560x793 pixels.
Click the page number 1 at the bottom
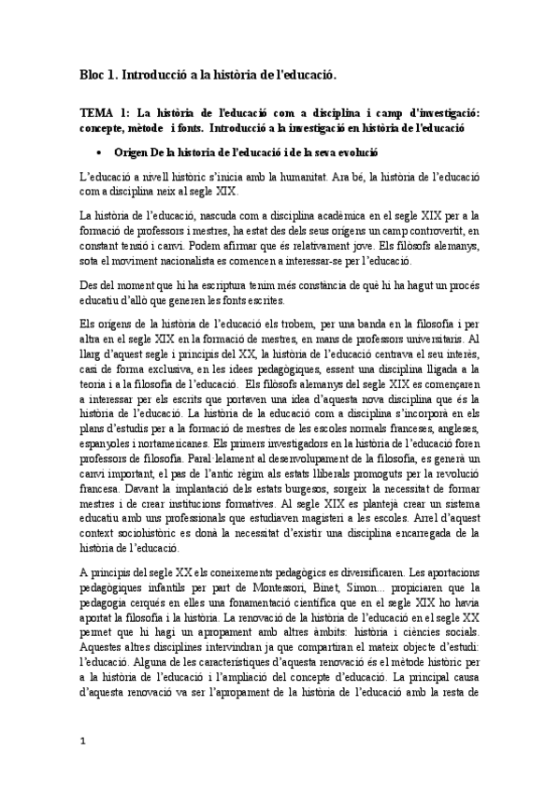click(82, 765)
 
